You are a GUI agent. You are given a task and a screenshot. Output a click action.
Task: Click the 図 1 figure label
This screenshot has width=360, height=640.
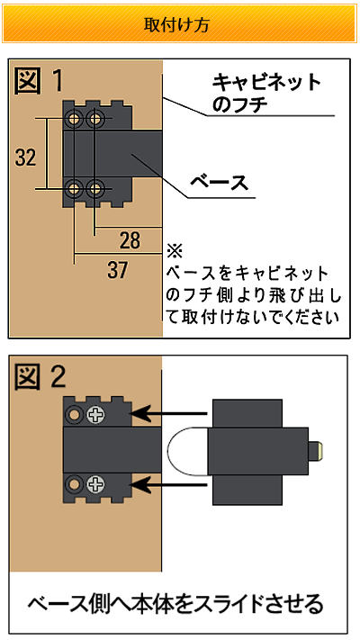[40, 81]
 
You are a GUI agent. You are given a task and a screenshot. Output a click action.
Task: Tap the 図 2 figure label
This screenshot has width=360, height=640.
[40, 377]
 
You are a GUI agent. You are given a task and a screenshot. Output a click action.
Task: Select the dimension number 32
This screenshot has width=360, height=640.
[26, 158]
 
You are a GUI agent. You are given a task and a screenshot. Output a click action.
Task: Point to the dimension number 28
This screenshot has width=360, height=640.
[130, 241]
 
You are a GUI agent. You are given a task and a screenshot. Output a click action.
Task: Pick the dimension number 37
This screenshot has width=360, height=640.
[118, 270]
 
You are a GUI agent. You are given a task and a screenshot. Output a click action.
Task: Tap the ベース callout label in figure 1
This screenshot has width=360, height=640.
[220, 183]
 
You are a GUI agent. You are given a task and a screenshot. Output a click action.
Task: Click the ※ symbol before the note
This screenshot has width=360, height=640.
[175, 250]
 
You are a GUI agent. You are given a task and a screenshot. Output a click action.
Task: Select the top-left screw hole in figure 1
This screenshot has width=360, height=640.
[75, 120]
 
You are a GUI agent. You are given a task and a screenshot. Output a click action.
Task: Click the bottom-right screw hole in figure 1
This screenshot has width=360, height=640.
[95, 189]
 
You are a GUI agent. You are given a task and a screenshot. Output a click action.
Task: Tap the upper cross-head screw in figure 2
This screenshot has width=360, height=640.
[96, 415]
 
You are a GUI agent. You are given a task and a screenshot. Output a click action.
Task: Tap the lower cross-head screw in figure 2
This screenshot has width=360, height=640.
[96, 485]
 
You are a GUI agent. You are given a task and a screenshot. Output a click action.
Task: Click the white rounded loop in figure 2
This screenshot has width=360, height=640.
[168, 451]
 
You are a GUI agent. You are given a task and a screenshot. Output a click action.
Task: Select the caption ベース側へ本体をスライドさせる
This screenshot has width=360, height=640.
[175, 604]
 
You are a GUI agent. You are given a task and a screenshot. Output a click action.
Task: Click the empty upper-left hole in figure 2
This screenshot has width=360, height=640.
[75, 415]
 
